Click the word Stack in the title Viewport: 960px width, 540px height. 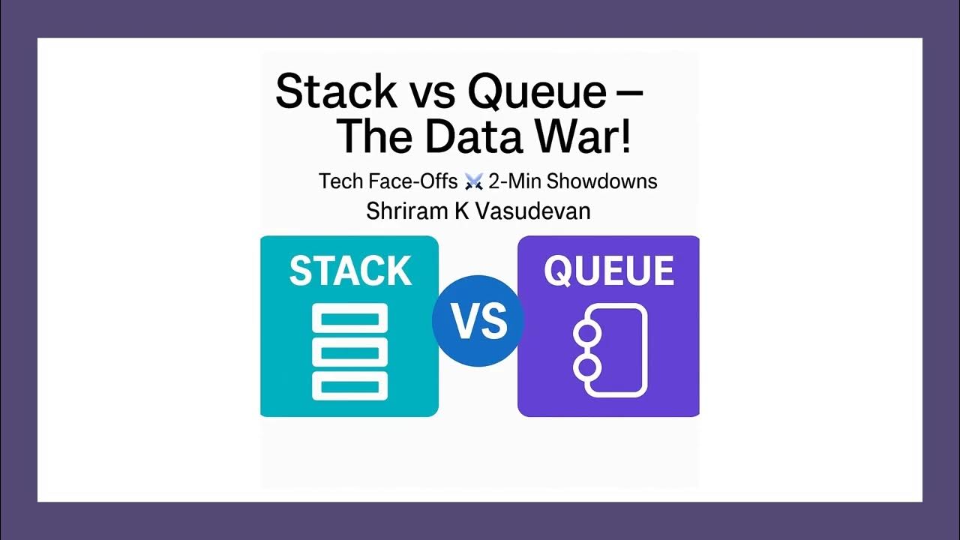(x=336, y=91)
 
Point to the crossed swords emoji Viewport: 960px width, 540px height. (x=473, y=181)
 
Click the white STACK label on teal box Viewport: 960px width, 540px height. (x=350, y=271)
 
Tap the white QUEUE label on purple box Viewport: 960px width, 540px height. (x=609, y=271)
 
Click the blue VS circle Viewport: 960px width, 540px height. (x=478, y=321)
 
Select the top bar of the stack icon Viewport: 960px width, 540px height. (x=349, y=319)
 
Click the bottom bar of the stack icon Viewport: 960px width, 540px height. (x=349, y=385)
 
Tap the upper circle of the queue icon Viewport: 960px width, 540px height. (x=586, y=333)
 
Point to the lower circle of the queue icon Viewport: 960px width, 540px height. (x=586, y=367)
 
